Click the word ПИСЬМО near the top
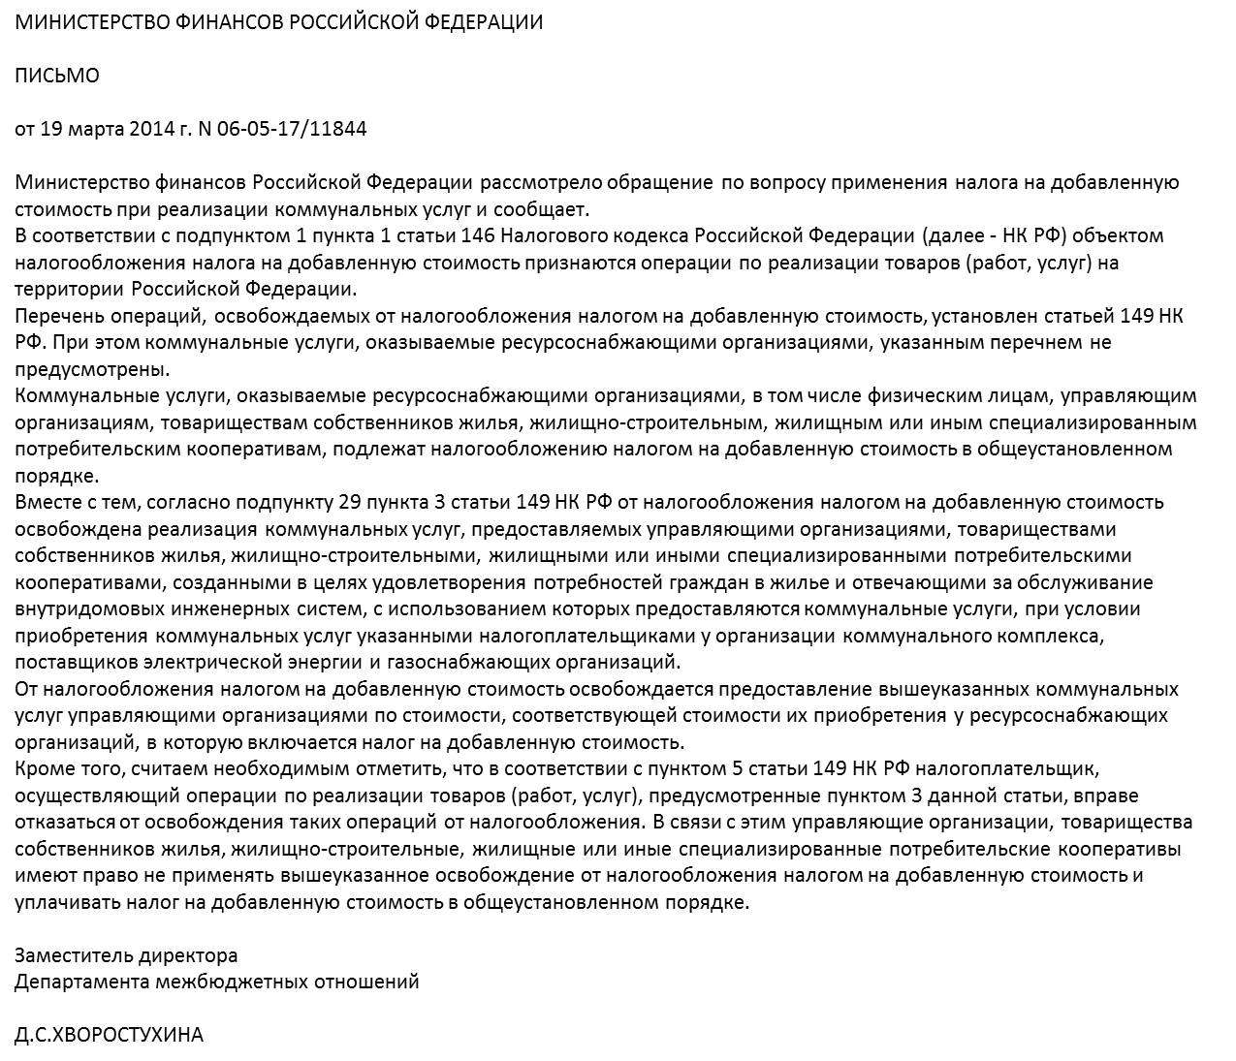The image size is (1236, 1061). tap(56, 76)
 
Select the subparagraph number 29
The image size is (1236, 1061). tap(350, 502)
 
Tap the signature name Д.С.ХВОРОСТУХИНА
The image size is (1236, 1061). tap(109, 1035)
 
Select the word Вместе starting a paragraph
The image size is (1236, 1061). tap(48, 502)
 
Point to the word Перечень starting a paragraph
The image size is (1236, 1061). tap(55, 316)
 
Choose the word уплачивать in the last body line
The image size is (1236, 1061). tap(64, 902)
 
